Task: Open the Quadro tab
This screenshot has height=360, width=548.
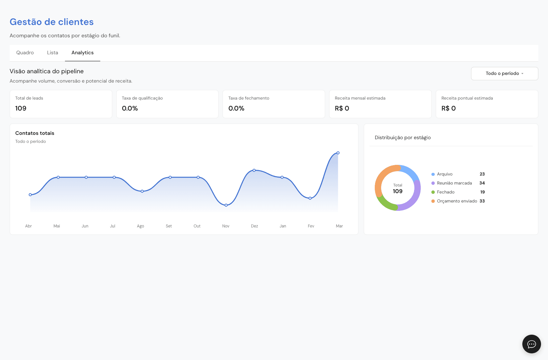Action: point(25,53)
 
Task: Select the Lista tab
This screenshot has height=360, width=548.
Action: point(53,53)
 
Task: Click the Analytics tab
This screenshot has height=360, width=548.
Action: point(82,53)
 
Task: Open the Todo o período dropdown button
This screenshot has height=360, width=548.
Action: point(504,74)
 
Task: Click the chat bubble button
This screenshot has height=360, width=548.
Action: point(531,344)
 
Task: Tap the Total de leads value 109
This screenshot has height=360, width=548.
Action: point(21,108)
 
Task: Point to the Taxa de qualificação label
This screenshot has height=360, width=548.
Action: point(142,98)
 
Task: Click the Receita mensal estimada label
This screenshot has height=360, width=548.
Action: point(360,98)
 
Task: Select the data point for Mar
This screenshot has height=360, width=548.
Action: point(338,153)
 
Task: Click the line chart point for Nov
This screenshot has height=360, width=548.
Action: point(226,205)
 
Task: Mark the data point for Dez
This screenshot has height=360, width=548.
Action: point(254,170)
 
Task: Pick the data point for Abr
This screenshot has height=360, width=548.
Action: point(30,195)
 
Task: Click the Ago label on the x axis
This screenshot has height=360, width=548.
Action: point(141,226)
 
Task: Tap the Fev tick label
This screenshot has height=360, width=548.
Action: point(311,226)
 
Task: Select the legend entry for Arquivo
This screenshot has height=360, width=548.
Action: point(442,174)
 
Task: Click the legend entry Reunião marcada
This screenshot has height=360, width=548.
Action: point(452,183)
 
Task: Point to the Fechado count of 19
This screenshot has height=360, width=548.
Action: point(482,192)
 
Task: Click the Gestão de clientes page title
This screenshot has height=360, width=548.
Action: point(52,22)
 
